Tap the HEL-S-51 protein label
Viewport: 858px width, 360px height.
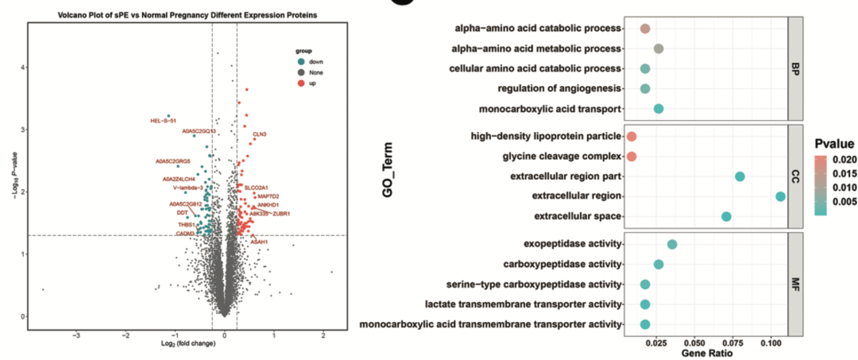163,121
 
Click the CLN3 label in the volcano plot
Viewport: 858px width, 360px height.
259,134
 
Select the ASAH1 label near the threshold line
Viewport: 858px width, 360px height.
259,242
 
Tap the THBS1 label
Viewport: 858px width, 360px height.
187,225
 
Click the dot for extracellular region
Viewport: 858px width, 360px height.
780,196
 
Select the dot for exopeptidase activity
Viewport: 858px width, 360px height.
672,245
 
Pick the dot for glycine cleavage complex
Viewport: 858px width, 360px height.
632,157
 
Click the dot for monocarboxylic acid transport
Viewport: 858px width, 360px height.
659,109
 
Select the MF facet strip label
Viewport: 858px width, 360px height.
794,284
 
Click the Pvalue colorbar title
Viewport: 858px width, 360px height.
833,144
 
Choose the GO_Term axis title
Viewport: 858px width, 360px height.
390,176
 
